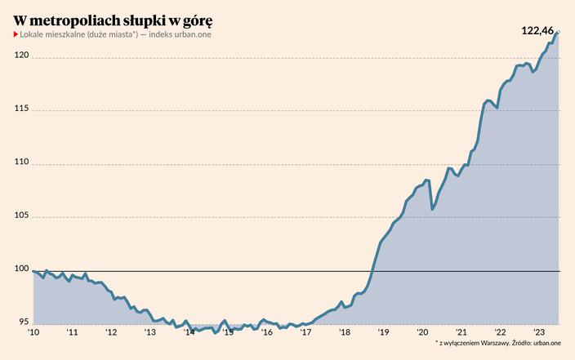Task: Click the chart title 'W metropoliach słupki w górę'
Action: pyautogui.click(x=115, y=19)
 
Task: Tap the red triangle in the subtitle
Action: pyautogui.click(x=16, y=34)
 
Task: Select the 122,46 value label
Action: pyautogui.click(x=538, y=30)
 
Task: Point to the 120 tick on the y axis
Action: pyautogui.click(x=22, y=56)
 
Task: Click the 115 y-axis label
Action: pyautogui.click(x=22, y=109)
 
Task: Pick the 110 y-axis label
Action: pyautogui.click(x=22, y=162)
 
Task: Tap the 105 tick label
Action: pyautogui.click(x=22, y=216)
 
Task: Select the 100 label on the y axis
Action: pyautogui.click(x=22, y=269)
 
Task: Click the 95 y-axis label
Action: pyautogui.click(x=25, y=322)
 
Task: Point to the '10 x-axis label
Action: pyautogui.click(x=33, y=332)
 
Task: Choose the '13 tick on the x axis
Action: pyautogui.click(x=150, y=332)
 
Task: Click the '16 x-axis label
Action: pyautogui.click(x=266, y=332)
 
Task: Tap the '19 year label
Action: pyautogui.click(x=383, y=332)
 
